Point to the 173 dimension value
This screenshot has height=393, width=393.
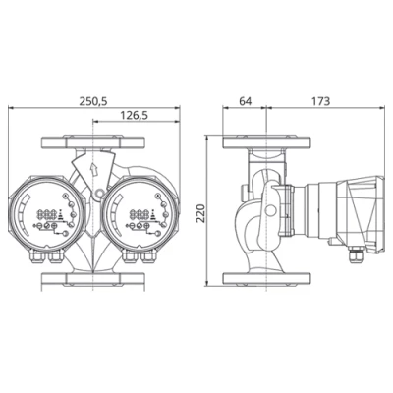click(x=320, y=101)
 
